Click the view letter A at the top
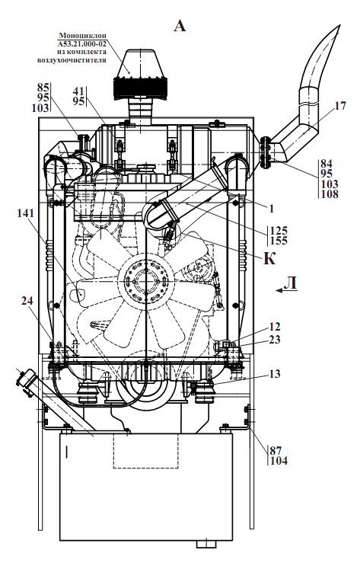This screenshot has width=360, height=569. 180,26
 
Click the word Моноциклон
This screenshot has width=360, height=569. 83,36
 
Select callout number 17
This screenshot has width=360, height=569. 340,106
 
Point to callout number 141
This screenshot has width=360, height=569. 25,213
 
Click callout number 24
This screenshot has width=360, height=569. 27,301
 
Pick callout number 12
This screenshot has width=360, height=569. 275,327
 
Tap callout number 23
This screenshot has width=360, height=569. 275,340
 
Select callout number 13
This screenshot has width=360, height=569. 275,374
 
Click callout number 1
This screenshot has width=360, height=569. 271,209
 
